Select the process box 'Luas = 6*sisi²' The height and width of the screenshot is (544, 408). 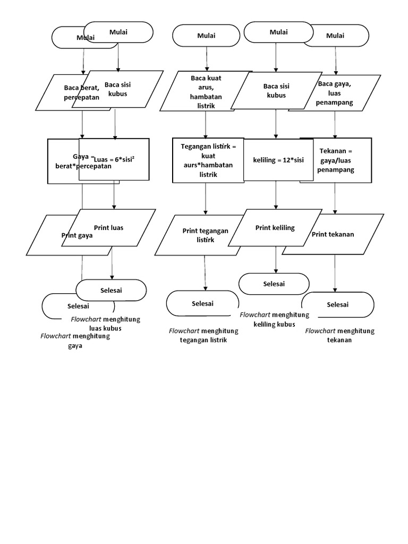tap(114, 159)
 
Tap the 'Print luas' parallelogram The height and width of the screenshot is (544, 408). tap(109, 227)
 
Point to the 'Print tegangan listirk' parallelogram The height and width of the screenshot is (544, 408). tap(205, 235)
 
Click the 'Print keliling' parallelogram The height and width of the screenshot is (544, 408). tap(275, 228)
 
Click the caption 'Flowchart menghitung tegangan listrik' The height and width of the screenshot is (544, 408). tap(203, 335)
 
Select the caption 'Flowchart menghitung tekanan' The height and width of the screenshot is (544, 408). tap(340, 335)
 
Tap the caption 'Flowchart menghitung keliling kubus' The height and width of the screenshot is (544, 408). tap(274, 319)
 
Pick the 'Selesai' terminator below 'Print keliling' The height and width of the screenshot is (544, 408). tap(274, 284)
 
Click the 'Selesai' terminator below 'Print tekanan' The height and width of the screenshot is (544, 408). tap(337, 304)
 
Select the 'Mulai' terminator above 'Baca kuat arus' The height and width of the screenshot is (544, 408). tap(207, 36)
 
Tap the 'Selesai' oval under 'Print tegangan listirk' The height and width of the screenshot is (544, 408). tap(202, 303)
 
